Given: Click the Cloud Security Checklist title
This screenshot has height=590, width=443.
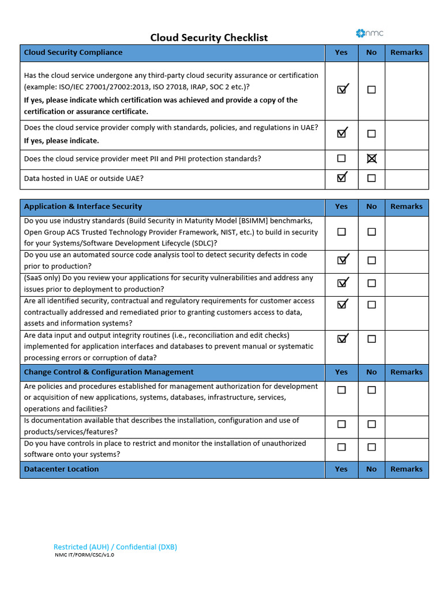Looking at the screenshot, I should (209, 37).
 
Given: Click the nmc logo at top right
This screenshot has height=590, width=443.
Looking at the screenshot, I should (370, 33).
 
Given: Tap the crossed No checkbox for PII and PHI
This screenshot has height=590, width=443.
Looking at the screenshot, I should (371, 158).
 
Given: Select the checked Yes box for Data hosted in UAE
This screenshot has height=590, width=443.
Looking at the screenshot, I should (341, 178).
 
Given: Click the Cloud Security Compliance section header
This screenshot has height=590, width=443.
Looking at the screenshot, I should (73, 52).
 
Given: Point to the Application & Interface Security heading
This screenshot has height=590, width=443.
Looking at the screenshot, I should (83, 206).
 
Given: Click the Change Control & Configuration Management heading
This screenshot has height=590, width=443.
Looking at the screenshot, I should (109, 372).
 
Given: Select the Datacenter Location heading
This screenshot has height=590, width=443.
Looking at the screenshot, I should (61, 469).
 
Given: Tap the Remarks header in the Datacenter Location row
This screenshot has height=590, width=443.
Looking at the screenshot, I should (406, 469).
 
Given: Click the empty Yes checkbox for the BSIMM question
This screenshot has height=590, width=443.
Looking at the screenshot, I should (341, 232).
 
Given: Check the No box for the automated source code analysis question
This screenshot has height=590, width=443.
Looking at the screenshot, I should (371, 260).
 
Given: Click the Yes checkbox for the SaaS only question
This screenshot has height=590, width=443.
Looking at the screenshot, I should (341, 283).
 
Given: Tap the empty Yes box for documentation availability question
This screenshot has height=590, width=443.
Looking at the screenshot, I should (341, 424).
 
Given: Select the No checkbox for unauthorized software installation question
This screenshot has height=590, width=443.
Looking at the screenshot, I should (371, 447).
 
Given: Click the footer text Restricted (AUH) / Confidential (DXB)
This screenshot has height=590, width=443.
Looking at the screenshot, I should (115, 547).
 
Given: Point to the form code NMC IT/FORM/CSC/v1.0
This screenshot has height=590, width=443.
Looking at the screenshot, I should (84, 555).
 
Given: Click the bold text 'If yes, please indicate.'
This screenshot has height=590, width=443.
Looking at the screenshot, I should (61, 141).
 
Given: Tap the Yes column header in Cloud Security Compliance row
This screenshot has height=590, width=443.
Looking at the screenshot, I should (341, 52).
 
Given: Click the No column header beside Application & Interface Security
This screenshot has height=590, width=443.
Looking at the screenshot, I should (371, 206).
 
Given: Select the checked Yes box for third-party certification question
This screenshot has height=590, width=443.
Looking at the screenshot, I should (341, 89).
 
